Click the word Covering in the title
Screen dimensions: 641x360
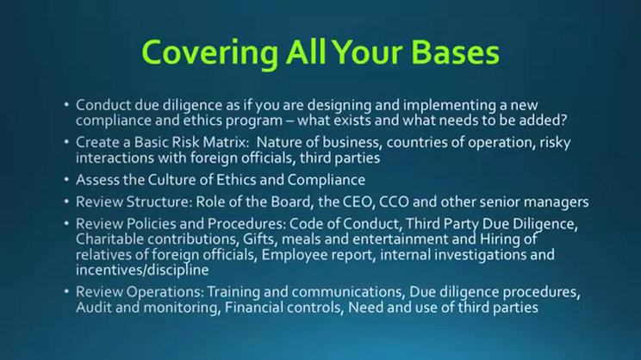209,53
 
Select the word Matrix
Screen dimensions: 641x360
226,142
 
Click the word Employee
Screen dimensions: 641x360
295,256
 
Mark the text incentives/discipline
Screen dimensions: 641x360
142,270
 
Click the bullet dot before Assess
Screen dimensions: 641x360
66,179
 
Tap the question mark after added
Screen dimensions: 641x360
563,120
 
